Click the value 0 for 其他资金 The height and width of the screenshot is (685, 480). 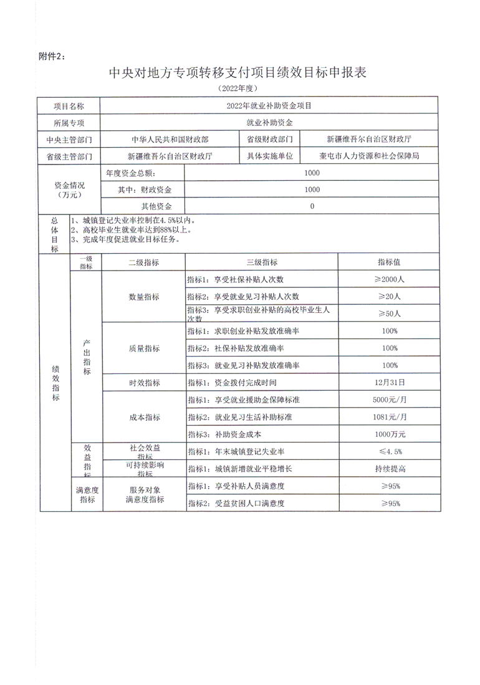click(312, 206)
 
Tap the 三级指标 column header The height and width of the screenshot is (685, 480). click(262, 262)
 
